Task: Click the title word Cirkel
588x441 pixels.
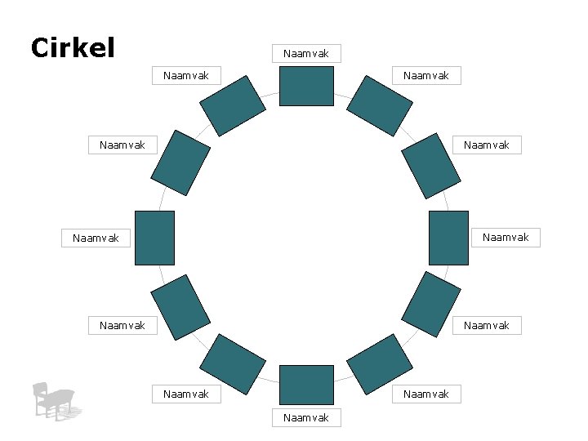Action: point(72,47)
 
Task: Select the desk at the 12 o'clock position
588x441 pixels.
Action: point(306,87)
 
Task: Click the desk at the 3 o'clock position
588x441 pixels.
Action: point(448,238)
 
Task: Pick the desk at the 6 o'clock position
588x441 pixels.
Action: point(306,385)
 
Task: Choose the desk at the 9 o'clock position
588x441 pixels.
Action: point(154,238)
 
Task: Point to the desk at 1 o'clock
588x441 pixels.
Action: point(380,106)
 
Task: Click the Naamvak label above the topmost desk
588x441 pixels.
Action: point(306,54)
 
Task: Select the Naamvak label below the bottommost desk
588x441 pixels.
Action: point(306,418)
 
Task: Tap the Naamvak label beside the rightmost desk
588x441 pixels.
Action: point(506,238)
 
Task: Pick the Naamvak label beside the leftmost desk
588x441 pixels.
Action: point(96,238)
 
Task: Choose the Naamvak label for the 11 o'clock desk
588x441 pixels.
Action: point(186,76)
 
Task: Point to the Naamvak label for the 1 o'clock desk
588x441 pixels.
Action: point(426,76)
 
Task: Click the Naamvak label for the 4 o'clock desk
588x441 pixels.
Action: point(487,325)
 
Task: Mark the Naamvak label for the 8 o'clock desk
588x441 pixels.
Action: point(122,325)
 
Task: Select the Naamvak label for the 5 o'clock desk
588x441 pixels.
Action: point(426,394)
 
